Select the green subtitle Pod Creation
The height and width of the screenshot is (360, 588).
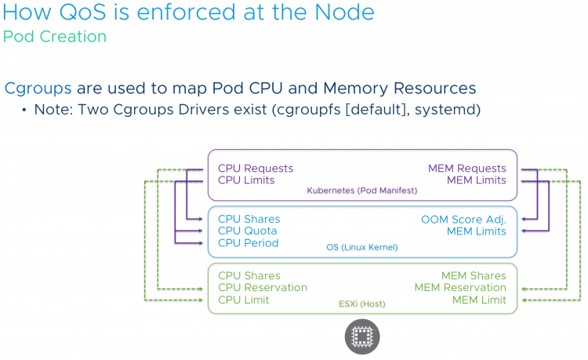[x=55, y=36]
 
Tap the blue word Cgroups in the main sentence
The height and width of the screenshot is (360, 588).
[x=38, y=88]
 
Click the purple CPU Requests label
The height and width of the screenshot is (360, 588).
[x=256, y=169]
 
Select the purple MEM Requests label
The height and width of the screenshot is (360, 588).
[x=467, y=169]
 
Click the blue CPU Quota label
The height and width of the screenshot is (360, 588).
[x=247, y=231]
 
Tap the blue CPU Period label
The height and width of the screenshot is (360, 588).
[x=249, y=243]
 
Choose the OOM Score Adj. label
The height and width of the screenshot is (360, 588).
[x=463, y=220]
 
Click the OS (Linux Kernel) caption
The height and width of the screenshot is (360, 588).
[x=361, y=247]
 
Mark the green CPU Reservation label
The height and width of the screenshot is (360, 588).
[x=263, y=288]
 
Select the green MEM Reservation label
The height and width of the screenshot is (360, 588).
[x=460, y=288]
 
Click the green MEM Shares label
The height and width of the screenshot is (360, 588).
[x=474, y=275]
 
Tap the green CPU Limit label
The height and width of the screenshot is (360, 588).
[x=244, y=300]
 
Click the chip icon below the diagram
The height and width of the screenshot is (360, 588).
[x=362, y=336]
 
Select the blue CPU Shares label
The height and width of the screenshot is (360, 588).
[x=249, y=220]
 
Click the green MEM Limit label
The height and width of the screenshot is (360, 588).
[x=479, y=300]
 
